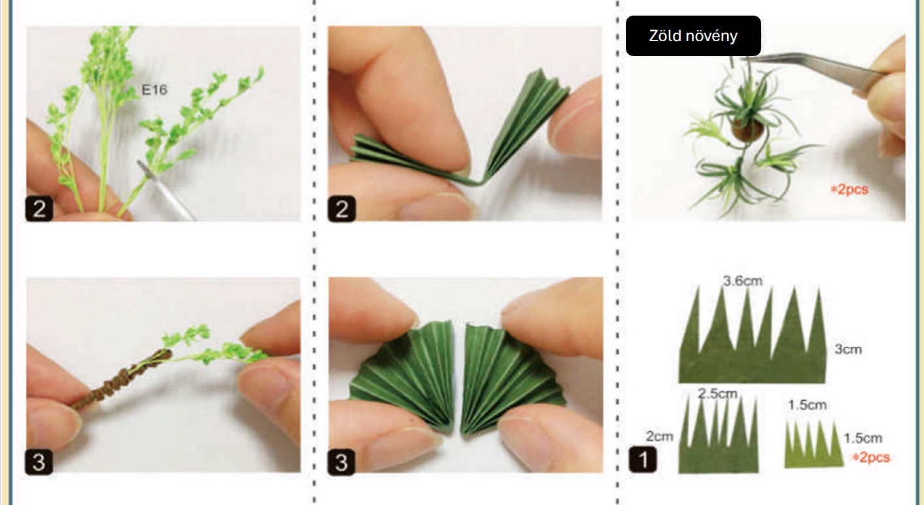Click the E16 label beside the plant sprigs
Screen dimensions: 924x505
coord(154,90)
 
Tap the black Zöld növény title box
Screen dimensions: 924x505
coord(693,36)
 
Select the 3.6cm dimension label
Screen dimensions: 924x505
coord(742,281)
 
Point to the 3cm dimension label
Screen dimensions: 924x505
coord(848,349)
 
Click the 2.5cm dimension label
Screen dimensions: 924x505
coord(717,394)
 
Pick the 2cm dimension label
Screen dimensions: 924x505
coord(659,436)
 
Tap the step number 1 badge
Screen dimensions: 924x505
coord(643,459)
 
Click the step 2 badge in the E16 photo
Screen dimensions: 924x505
coord(39,208)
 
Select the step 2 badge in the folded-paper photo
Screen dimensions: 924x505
coord(341,208)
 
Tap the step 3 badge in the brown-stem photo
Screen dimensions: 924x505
coord(39,462)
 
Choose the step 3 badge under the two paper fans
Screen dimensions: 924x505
coord(341,462)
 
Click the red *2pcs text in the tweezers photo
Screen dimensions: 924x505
coord(849,189)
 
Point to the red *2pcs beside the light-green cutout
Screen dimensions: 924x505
coord(871,457)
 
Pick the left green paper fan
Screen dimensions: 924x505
coord(402,377)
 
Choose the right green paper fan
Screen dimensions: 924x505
coord(511,377)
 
